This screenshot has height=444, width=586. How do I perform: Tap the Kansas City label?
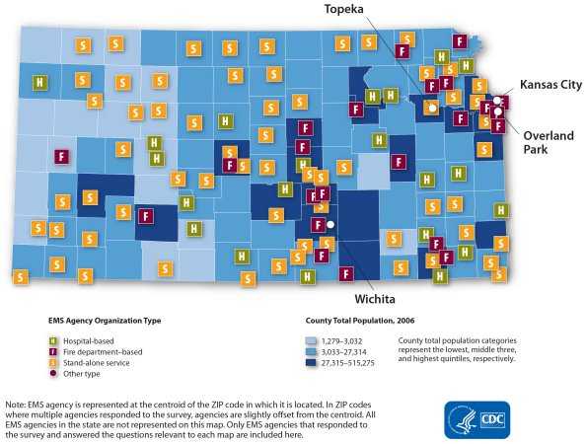[x=550, y=85]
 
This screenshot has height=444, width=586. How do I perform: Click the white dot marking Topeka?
[x=430, y=107]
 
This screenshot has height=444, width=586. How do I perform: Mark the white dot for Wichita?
[x=331, y=225]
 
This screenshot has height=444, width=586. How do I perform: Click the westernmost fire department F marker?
[x=61, y=156]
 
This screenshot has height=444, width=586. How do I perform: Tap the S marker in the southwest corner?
[x=20, y=276]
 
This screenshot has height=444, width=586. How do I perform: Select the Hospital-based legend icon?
[x=53, y=340]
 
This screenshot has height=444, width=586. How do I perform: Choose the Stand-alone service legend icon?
[x=53, y=363]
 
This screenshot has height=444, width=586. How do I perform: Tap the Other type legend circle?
[x=53, y=374]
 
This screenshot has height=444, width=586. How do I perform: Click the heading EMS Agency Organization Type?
[x=105, y=321]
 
